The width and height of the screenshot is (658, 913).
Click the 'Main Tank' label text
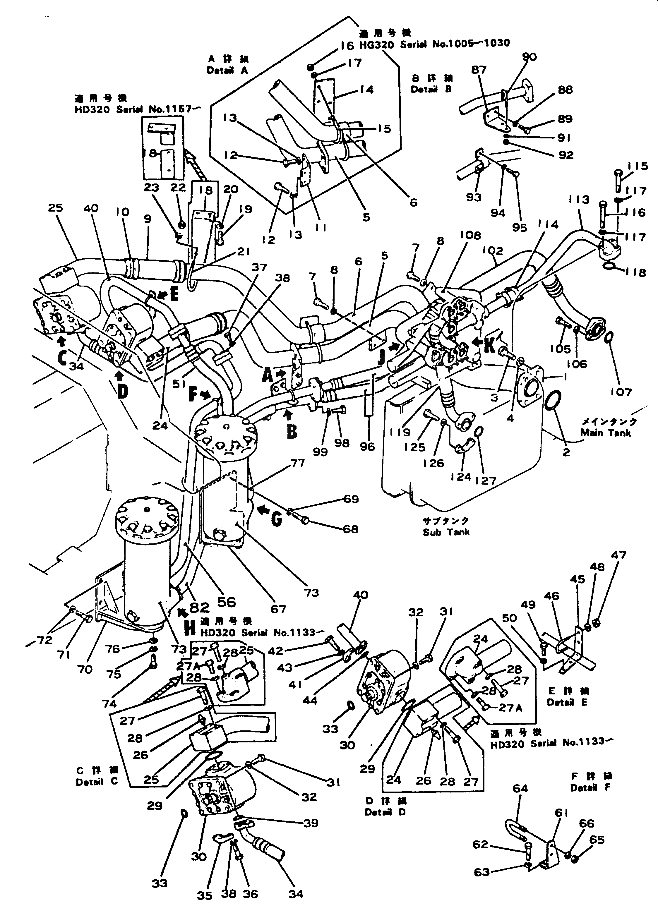click(605, 433)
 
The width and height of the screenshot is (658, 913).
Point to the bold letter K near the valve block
click(490, 345)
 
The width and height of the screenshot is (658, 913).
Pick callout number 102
click(493, 250)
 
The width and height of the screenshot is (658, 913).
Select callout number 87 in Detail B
click(479, 70)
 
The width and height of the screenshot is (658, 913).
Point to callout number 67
click(278, 609)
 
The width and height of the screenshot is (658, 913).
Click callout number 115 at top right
click(638, 166)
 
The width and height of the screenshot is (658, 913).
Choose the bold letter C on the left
click(61, 358)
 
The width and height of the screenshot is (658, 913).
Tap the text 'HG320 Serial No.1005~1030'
click(434, 44)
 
